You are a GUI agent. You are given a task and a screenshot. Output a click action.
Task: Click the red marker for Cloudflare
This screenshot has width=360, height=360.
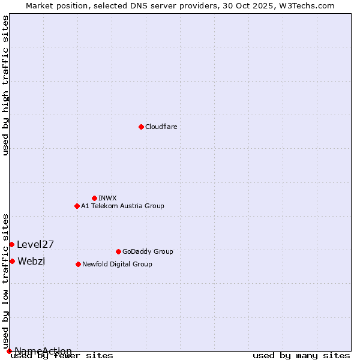141,127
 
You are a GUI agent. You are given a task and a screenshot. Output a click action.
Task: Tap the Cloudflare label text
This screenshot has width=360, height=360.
161,127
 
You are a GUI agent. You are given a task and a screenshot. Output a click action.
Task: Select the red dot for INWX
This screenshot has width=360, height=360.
94,198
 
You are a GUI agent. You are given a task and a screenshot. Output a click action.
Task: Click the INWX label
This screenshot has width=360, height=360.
107,198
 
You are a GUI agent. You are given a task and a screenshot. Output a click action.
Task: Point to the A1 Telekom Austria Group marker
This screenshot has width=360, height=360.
77,206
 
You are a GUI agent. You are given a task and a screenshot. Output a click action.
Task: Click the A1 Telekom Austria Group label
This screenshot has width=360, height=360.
122,206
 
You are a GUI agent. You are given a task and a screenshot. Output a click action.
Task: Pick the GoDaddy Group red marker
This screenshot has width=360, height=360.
118,251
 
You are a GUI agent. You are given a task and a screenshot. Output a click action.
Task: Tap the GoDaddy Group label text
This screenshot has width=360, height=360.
148,251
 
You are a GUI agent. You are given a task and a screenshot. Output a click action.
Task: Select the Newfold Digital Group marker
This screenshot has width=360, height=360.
78,264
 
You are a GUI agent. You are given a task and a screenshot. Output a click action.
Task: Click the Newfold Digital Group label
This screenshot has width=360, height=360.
117,264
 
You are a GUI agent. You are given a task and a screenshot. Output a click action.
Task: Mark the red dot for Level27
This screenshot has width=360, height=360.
11,244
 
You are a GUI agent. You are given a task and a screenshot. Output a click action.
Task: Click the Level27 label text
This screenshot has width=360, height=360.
35,244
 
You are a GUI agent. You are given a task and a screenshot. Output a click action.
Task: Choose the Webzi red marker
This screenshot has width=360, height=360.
12,261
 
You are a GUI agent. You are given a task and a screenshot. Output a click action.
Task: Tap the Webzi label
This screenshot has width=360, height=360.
31,261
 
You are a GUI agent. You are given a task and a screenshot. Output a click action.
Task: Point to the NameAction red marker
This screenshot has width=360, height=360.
9,351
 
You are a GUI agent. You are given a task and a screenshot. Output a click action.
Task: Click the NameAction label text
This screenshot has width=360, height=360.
43,351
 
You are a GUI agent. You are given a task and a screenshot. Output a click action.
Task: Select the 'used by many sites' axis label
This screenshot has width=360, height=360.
301,355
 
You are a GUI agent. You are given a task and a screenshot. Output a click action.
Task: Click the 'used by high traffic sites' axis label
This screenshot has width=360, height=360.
5,85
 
